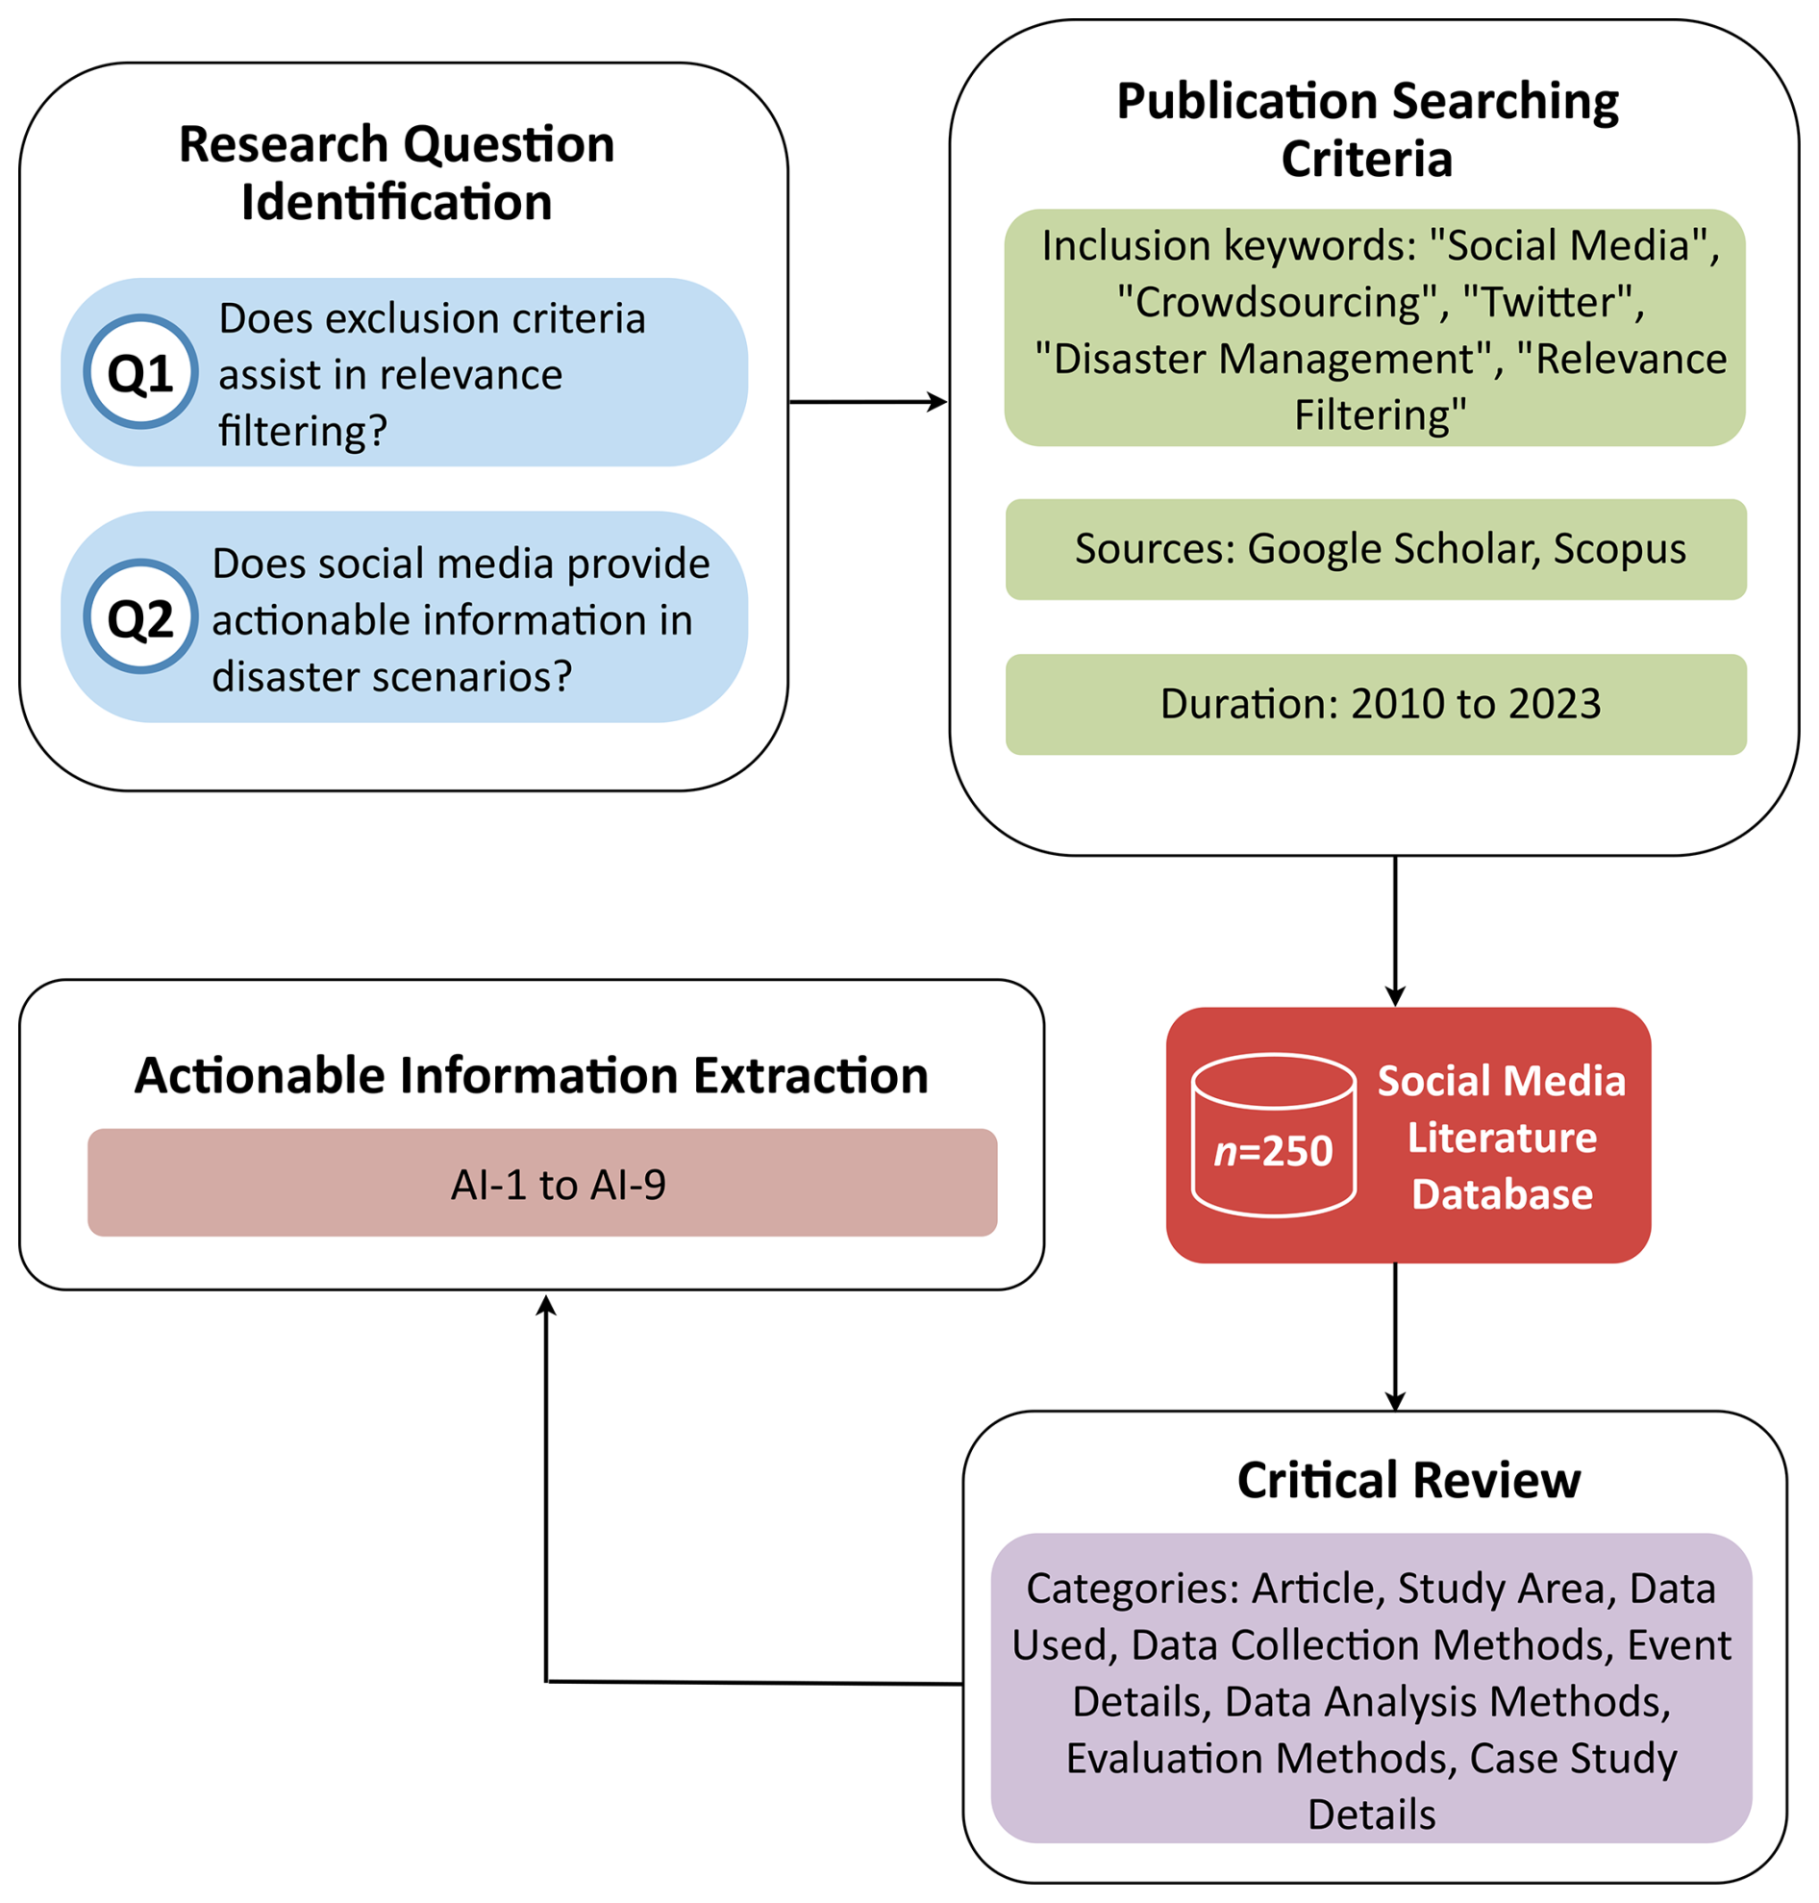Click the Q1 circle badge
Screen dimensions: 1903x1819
pyautogui.click(x=140, y=372)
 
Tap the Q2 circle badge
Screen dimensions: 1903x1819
pyautogui.click(x=140, y=617)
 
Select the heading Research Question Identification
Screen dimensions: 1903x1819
pyautogui.click(x=396, y=173)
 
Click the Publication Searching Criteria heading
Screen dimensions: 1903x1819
pyautogui.click(x=1367, y=129)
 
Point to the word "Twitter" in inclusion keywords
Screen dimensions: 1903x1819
pyautogui.click(x=1552, y=303)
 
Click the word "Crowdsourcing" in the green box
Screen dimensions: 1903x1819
pyautogui.click(x=1276, y=303)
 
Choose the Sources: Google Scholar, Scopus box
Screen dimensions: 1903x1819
pyautogui.click(x=1376, y=550)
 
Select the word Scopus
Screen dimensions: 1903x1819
pyautogui.click(x=1619, y=549)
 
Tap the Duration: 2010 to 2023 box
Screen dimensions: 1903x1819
pyautogui.click(x=1376, y=705)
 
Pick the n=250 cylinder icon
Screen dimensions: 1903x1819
pyautogui.click(x=1273, y=1136)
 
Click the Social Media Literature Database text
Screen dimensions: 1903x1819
pyautogui.click(x=1501, y=1138)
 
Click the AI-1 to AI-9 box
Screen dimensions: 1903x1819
pyautogui.click(x=542, y=1183)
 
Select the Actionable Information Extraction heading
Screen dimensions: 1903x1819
pyautogui.click(x=532, y=1076)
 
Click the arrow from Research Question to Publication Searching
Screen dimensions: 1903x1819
pyautogui.click(x=868, y=402)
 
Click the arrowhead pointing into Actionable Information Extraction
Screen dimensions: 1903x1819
pyautogui.click(x=547, y=1306)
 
